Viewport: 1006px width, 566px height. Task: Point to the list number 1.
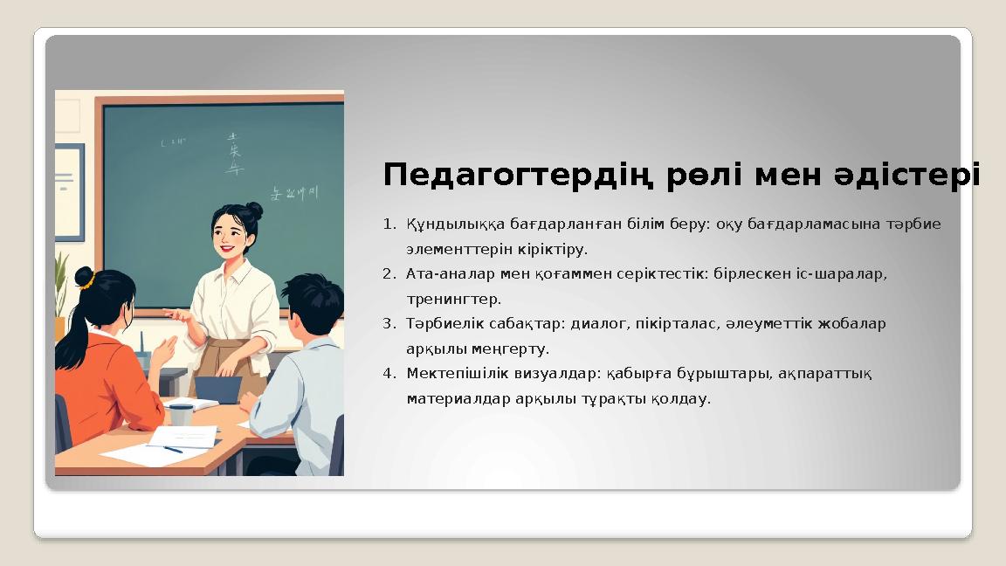point(388,224)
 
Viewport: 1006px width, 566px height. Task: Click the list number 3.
point(388,324)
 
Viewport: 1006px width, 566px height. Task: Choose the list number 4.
point(388,374)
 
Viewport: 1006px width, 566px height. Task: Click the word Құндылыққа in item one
point(443,224)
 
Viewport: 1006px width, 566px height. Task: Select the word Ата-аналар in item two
point(438,274)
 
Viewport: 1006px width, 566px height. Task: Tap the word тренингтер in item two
point(452,300)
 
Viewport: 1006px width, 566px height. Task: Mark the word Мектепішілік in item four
point(451,374)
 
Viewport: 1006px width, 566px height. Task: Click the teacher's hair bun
point(253,210)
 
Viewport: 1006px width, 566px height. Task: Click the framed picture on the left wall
point(68,180)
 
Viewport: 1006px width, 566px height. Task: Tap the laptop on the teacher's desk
point(217,389)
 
